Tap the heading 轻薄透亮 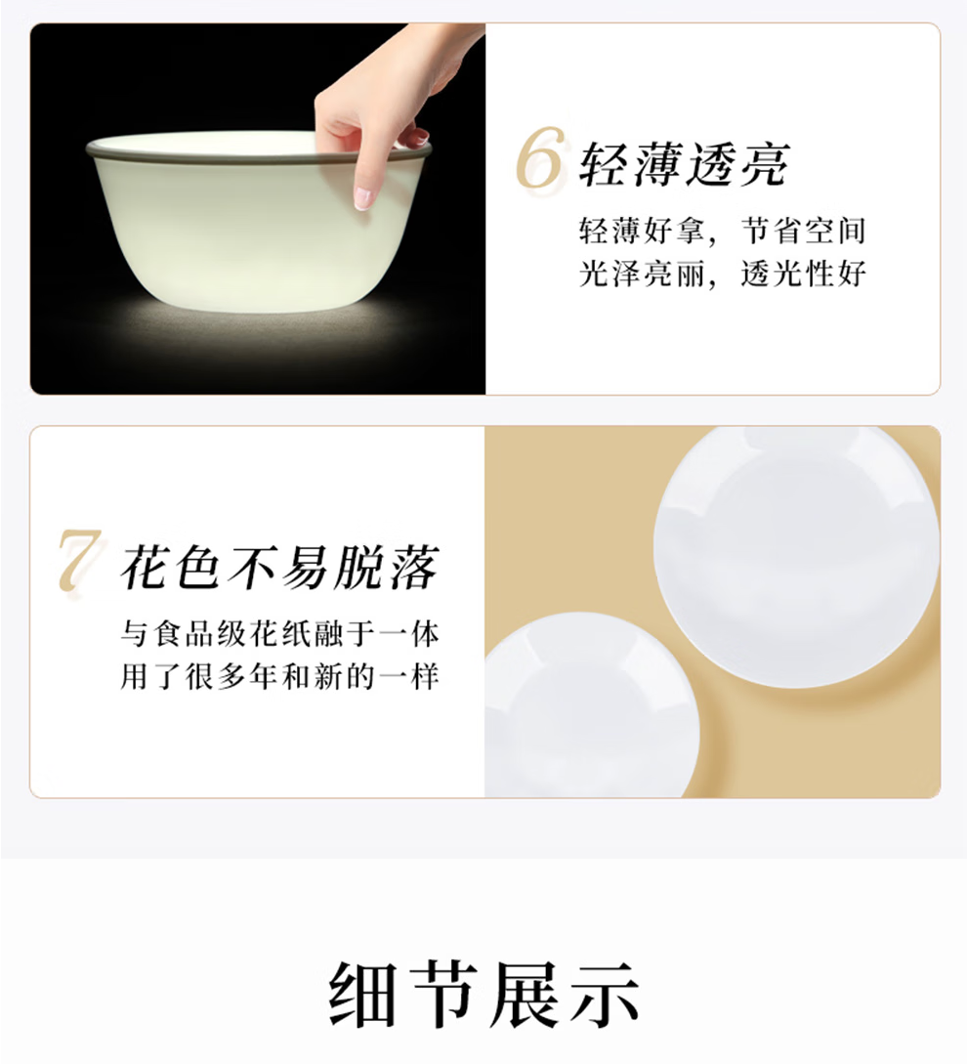[684, 165]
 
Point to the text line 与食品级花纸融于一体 [280, 634]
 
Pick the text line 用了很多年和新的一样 [280, 676]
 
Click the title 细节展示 [483, 995]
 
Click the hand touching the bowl [394, 102]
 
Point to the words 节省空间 [804, 232]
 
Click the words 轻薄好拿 [642, 232]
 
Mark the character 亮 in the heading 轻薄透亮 [766, 165]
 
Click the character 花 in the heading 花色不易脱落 [145, 567]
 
